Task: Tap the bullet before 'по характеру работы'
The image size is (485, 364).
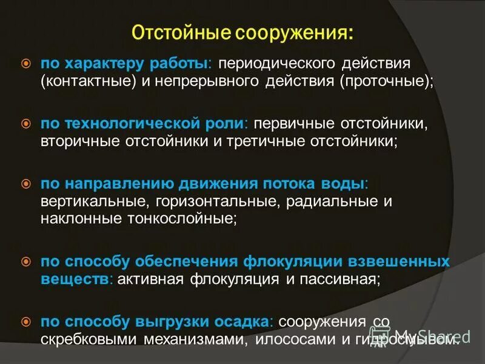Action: [25, 63]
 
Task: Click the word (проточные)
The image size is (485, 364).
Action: [387, 81]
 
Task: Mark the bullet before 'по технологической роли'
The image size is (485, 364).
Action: [25, 124]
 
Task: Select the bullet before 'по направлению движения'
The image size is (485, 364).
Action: [25, 183]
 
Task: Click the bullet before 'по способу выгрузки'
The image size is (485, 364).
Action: [25, 321]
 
